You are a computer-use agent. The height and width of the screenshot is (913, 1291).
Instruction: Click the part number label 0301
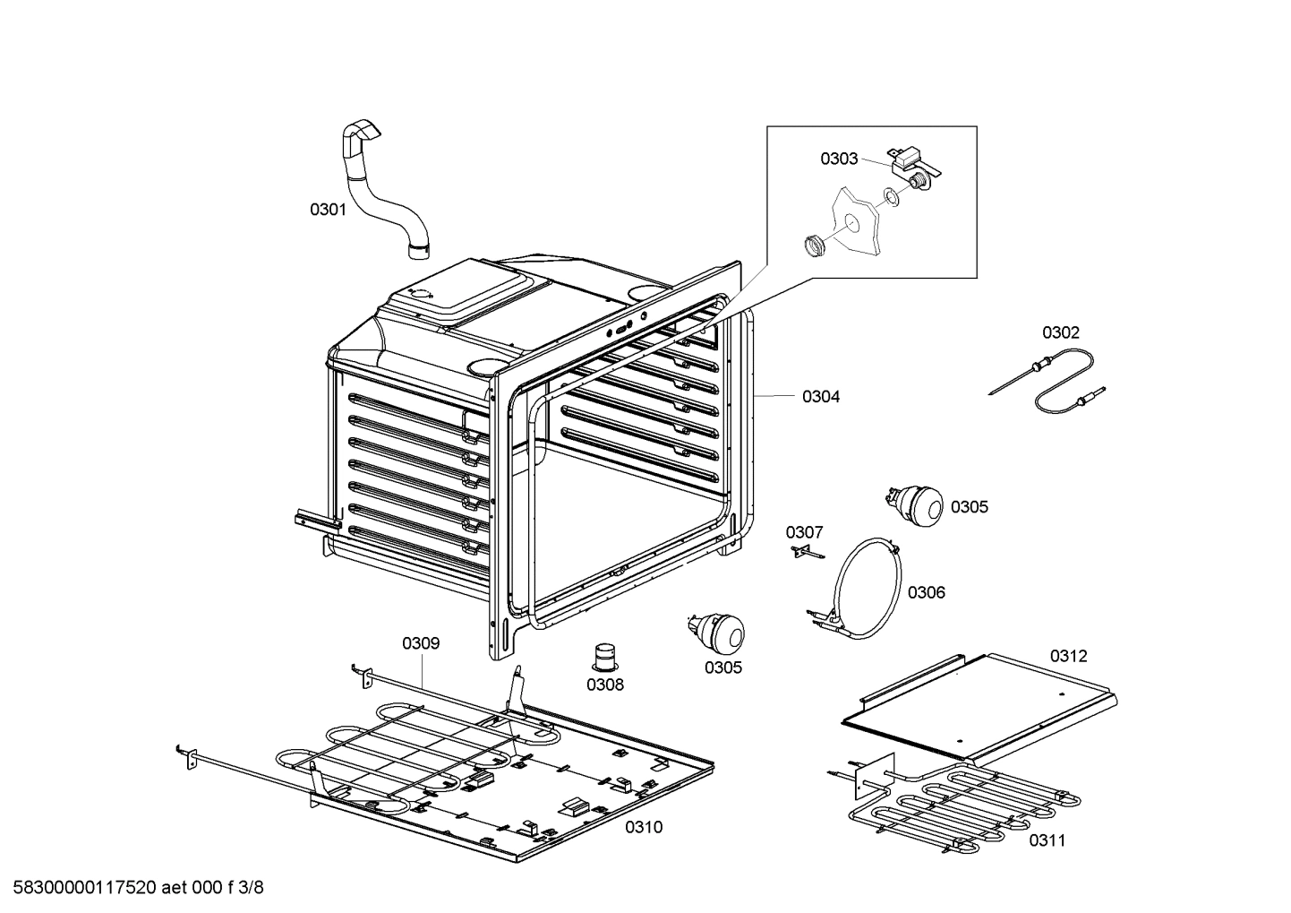pyautogui.click(x=328, y=210)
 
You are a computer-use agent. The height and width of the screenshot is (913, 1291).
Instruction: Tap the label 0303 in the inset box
pyautogui.click(x=839, y=159)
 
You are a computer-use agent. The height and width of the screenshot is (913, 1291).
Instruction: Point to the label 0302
pyautogui.click(x=1060, y=332)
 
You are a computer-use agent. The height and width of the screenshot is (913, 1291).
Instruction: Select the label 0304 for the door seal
pyautogui.click(x=820, y=396)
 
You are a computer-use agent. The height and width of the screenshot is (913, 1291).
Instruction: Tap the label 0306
pyautogui.click(x=926, y=592)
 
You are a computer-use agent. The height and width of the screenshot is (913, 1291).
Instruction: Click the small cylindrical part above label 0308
pyautogui.click(x=606, y=656)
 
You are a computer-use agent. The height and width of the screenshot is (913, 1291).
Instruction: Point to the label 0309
pyautogui.click(x=420, y=643)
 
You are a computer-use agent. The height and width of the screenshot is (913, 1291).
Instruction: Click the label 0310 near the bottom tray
pyautogui.click(x=644, y=827)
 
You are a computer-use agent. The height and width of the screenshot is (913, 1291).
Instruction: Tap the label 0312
pyautogui.click(x=1068, y=656)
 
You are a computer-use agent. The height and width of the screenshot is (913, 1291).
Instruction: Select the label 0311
pyautogui.click(x=1047, y=840)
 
